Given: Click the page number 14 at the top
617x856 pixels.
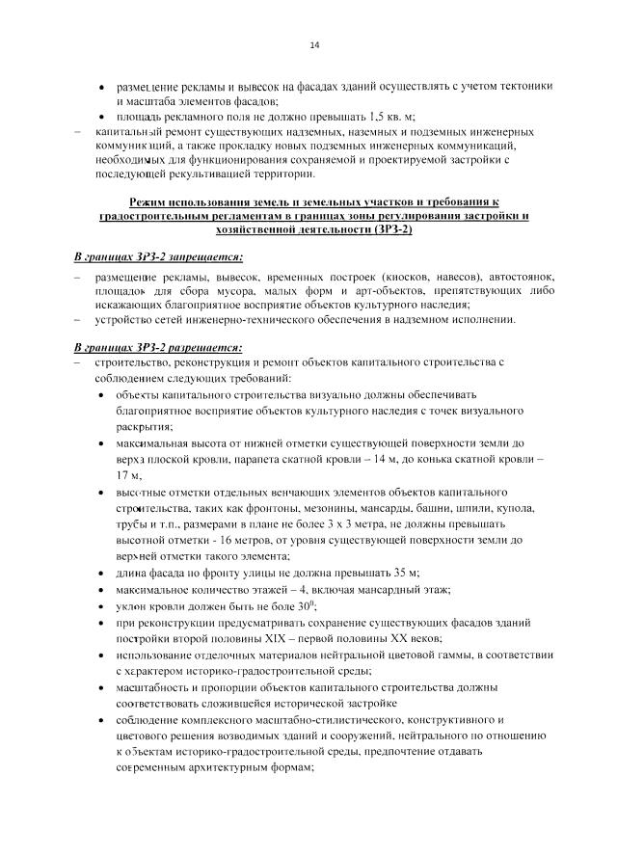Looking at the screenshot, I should (314, 45).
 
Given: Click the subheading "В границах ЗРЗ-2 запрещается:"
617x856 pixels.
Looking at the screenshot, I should (159, 257).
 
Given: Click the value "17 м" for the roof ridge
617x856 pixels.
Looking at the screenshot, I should (128, 475).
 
